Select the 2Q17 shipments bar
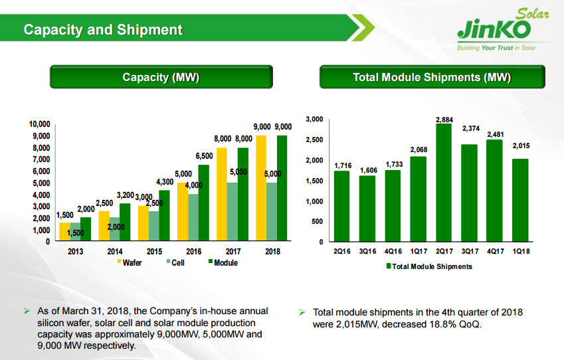(x=444, y=183)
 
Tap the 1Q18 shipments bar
(x=519, y=200)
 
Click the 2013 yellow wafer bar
(x=64, y=232)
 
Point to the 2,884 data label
(x=444, y=119)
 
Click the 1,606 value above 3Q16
(x=368, y=171)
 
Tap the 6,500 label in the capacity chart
(x=204, y=155)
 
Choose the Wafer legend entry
(x=132, y=263)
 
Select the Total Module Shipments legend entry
(x=428, y=266)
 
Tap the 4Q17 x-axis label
(x=494, y=252)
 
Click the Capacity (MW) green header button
(x=161, y=77)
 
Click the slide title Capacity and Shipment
(x=103, y=30)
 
